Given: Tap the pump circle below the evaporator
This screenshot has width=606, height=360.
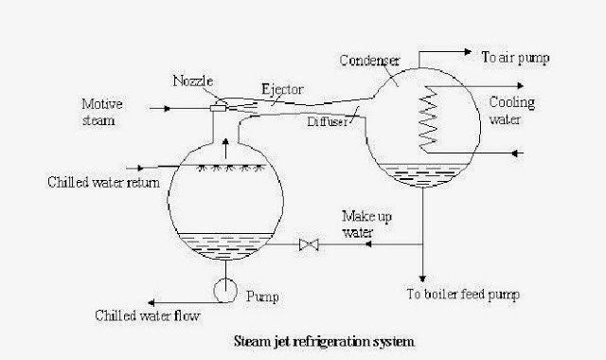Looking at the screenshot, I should [225, 289].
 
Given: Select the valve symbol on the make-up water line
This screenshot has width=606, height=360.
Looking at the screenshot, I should [308, 244].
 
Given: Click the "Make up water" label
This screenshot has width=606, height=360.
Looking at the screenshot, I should [361, 226].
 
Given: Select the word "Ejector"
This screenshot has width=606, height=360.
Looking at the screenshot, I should [282, 89].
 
